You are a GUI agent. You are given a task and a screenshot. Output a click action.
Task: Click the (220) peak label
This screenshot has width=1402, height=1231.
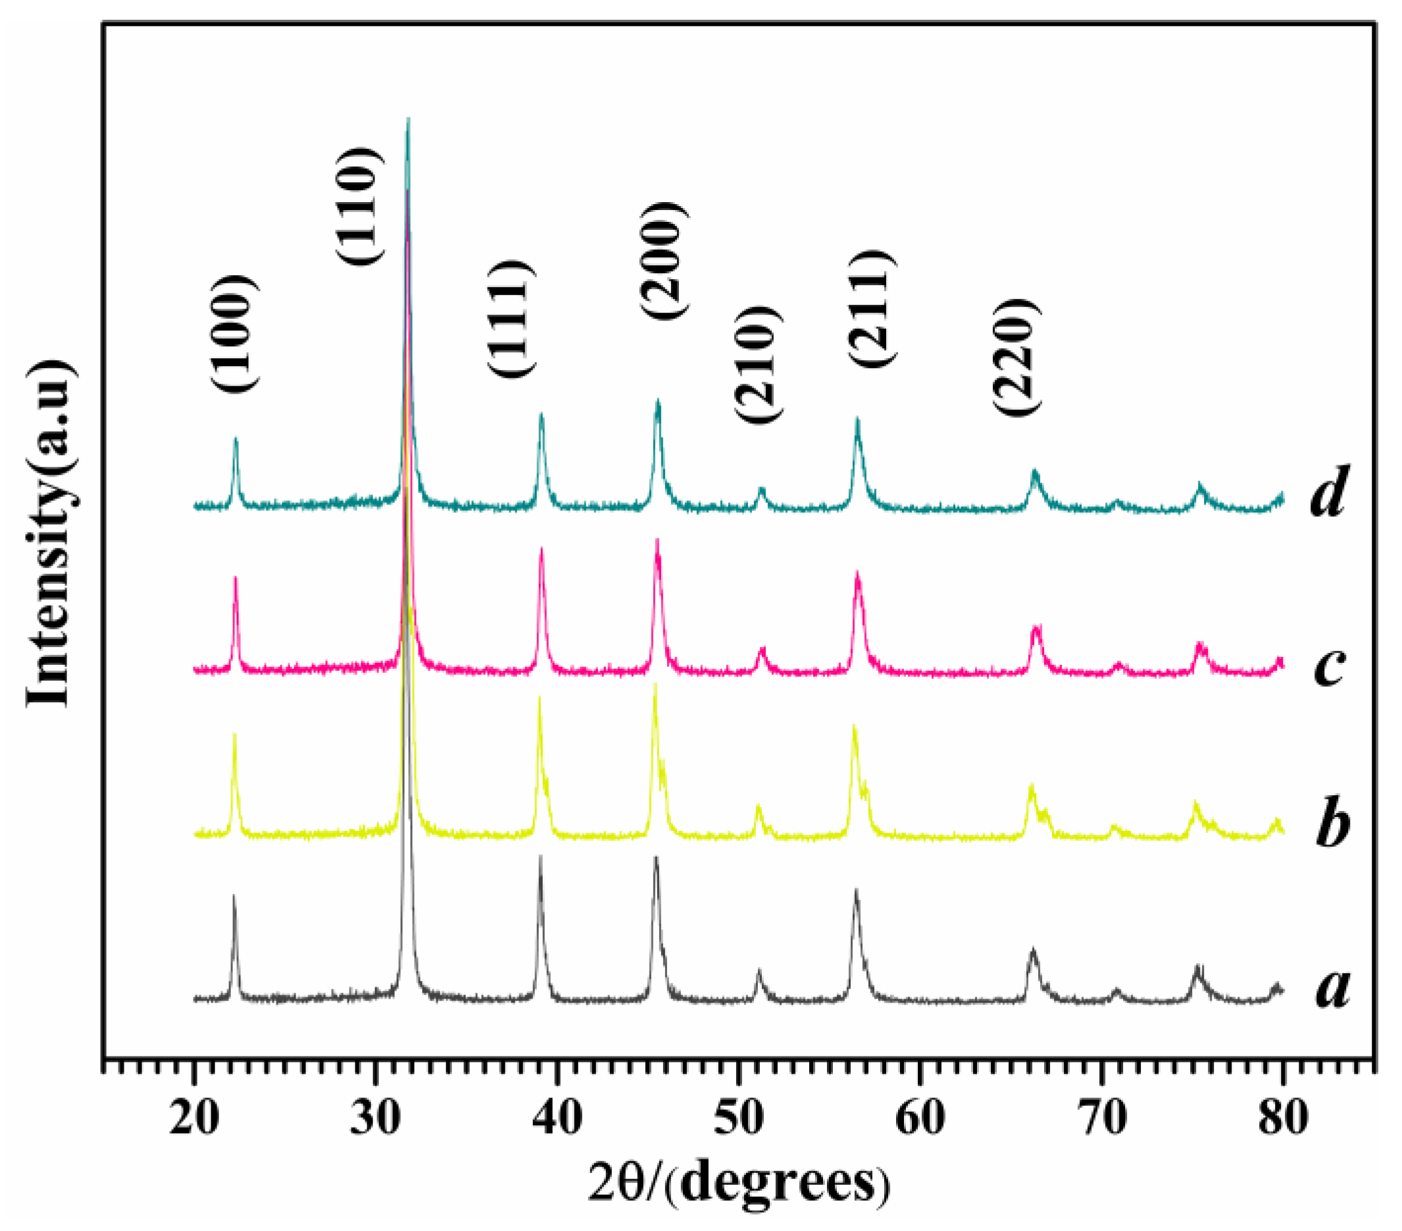(x=1018, y=356)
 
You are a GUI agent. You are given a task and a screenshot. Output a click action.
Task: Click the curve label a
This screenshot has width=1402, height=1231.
(x=1332, y=989)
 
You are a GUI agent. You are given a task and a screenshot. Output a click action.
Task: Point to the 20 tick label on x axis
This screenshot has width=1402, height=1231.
(x=194, y=1118)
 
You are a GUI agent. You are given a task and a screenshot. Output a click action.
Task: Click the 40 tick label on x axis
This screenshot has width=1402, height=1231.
(x=558, y=1118)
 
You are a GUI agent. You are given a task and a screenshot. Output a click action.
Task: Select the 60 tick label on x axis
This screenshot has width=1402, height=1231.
(x=920, y=1118)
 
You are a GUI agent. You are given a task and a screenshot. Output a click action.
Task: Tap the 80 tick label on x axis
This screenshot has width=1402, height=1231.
(x=1282, y=1118)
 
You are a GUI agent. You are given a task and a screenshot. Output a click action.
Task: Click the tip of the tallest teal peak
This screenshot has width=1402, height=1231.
(x=408, y=118)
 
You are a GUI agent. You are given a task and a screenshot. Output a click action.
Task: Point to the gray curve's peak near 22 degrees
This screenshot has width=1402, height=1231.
(x=234, y=896)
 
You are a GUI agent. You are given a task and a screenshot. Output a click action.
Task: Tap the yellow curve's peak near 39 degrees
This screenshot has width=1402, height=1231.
(x=539, y=698)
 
